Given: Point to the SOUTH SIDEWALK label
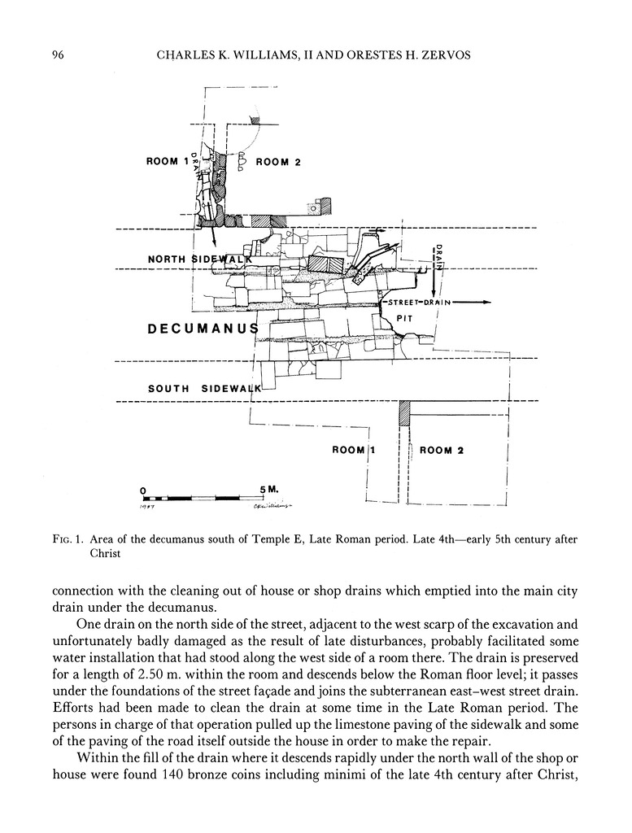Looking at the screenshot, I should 204,389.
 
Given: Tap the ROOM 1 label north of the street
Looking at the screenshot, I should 168,161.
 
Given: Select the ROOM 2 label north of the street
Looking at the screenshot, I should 278,162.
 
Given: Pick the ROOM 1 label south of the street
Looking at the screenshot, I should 354,450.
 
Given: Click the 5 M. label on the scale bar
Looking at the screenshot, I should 269,490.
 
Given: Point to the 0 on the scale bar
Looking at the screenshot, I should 143,491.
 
